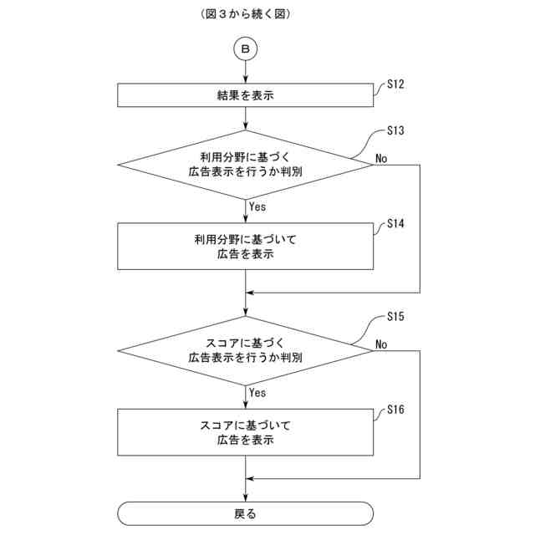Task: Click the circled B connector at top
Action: click(x=246, y=49)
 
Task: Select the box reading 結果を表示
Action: click(x=245, y=95)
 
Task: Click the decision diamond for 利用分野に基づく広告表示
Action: click(x=245, y=164)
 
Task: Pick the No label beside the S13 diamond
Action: click(x=381, y=158)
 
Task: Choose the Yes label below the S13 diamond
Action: click(x=257, y=206)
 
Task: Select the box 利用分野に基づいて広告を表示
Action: click(x=245, y=246)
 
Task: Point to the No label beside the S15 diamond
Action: click(x=381, y=344)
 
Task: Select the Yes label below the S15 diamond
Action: click(x=257, y=392)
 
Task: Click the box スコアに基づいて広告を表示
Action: click(x=245, y=431)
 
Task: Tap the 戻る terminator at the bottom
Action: click(x=245, y=513)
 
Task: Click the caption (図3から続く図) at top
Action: click(x=246, y=14)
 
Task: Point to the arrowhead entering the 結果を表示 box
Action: click(x=246, y=80)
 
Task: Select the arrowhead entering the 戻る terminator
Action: click(x=246, y=498)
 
